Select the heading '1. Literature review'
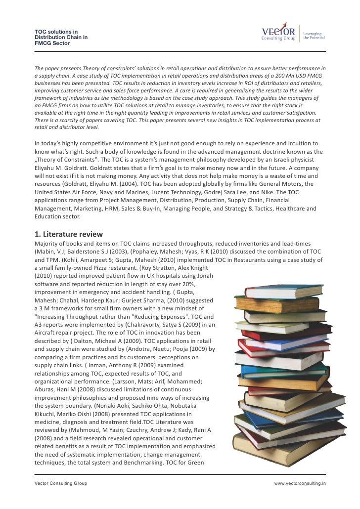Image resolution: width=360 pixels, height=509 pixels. (69, 234)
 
